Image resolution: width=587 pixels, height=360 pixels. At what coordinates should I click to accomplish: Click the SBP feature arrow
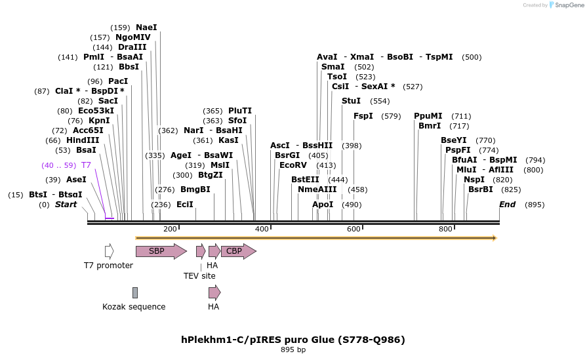[160, 251]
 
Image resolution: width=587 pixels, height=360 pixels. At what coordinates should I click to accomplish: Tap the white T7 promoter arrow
[109, 251]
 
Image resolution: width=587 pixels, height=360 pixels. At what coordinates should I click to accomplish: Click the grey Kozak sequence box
[135, 292]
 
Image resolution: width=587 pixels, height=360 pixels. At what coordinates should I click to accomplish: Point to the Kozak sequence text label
[134, 306]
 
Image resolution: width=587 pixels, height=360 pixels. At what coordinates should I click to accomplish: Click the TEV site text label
[199, 276]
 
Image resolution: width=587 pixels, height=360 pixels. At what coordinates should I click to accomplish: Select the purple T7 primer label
[86, 165]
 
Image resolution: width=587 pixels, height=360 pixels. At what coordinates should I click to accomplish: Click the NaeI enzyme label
[146, 28]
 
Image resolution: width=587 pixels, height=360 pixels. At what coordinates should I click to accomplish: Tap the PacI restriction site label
[118, 81]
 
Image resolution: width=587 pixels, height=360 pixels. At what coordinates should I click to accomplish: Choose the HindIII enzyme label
[83, 140]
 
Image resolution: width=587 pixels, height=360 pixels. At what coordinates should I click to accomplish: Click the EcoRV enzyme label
[293, 165]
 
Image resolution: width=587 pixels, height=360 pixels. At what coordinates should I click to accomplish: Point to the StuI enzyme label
[351, 101]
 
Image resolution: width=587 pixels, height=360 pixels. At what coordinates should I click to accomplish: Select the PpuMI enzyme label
[428, 116]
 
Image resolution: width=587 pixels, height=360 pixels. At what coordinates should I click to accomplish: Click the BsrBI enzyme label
[481, 190]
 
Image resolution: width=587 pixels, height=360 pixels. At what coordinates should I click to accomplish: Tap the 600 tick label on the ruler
[354, 229]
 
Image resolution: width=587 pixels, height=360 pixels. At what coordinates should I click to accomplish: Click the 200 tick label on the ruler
[170, 229]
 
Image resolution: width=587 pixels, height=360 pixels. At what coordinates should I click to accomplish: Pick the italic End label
[507, 205]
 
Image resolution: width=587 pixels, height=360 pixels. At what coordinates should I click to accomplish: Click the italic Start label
[66, 205]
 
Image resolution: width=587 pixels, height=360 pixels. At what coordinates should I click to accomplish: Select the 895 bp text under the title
[293, 350]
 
